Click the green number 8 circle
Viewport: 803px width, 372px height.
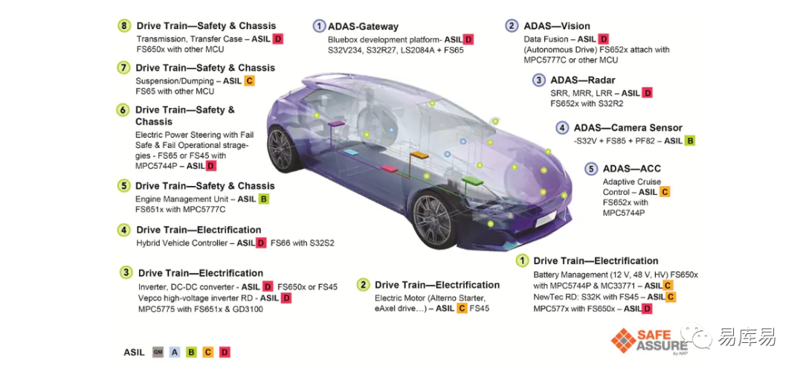[x=124, y=25]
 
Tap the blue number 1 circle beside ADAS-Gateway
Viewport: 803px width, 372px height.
[x=319, y=26]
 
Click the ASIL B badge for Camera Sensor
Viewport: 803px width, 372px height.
[x=690, y=141]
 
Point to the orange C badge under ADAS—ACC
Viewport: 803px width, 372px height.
[x=665, y=192]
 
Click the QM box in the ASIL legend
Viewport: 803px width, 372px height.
[x=158, y=353]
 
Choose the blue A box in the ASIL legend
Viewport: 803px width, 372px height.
[x=175, y=353]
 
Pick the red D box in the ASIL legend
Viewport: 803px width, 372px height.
[x=225, y=353]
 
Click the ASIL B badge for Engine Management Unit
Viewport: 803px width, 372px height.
[x=264, y=199]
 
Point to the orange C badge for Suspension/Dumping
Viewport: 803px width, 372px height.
[x=250, y=81]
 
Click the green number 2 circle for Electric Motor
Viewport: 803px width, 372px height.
[x=363, y=285]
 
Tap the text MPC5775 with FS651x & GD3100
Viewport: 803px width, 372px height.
[x=201, y=309]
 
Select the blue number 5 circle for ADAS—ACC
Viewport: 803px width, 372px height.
[x=591, y=169]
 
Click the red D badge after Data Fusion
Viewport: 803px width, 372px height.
[x=604, y=39]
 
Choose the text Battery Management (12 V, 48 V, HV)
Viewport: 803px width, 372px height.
[x=598, y=275]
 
